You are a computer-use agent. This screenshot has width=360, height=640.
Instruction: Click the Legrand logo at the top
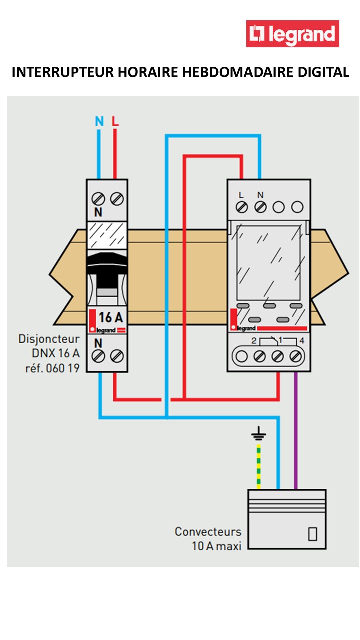click(293, 34)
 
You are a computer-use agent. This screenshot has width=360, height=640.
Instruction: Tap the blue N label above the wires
click(99, 121)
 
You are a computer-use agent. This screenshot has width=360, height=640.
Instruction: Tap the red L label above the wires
click(115, 121)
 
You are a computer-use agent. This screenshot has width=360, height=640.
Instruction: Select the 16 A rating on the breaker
click(110, 317)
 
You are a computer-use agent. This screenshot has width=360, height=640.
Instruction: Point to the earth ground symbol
click(258, 434)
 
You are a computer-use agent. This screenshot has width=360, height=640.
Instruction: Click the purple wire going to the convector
click(296, 430)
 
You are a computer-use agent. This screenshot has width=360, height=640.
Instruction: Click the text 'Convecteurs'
click(208, 531)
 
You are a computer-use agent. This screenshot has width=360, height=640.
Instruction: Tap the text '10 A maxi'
click(216, 546)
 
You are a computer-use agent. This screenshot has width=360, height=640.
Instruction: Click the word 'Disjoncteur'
click(49, 339)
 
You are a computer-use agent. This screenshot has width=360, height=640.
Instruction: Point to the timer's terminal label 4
click(301, 341)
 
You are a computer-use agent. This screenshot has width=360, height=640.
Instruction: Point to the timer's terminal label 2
click(254, 341)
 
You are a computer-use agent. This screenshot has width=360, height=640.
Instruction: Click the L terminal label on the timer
click(241, 195)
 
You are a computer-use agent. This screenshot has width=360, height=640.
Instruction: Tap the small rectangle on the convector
click(313, 534)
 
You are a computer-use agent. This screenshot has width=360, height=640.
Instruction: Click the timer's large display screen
click(268, 262)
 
